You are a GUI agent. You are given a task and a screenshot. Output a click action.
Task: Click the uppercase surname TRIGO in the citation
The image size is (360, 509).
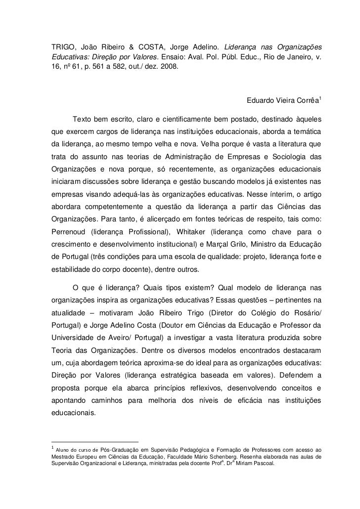point(64,47)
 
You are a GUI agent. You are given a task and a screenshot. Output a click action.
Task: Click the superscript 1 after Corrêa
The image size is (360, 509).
point(320,100)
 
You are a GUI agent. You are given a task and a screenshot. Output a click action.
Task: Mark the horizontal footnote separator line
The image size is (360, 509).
point(95,441)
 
